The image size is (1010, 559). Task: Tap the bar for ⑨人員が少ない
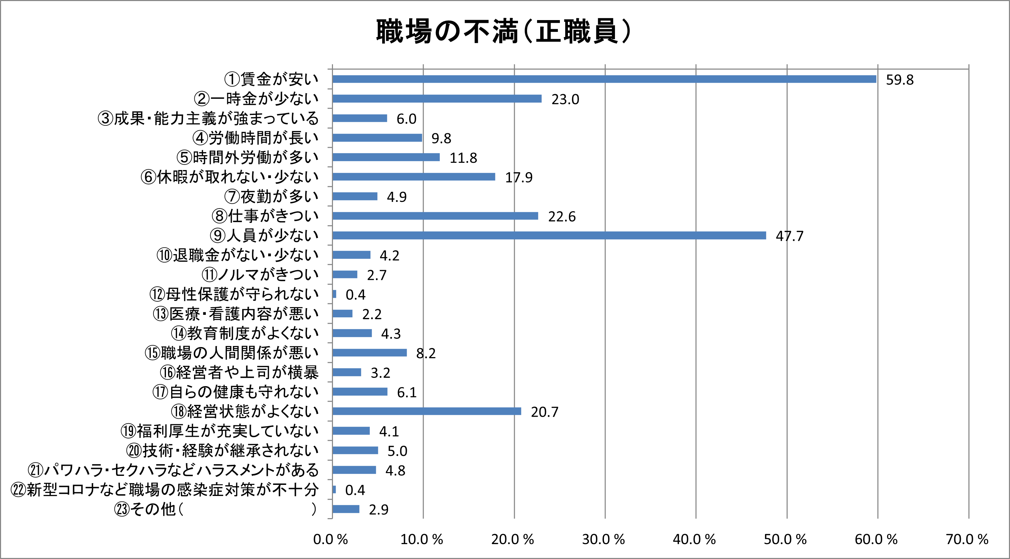549,235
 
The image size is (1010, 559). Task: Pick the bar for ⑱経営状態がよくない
427,411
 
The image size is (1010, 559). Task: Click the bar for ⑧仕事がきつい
435,216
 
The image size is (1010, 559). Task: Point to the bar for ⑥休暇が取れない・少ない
414,177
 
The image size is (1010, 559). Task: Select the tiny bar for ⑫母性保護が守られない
334,294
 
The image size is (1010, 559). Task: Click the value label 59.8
899,80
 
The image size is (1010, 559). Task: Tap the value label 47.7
789,236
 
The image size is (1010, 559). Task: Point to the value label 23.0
565,99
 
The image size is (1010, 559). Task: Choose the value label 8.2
426,354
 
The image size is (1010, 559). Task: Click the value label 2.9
378,509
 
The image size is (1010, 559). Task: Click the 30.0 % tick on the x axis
603,539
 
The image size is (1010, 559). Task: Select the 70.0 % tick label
967,539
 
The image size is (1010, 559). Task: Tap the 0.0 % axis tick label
330,539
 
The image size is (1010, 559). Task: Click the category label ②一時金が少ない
256,99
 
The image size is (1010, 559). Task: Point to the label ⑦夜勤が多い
271,196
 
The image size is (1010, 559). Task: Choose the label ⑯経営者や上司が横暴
239,372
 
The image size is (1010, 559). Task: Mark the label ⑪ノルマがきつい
260,274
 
